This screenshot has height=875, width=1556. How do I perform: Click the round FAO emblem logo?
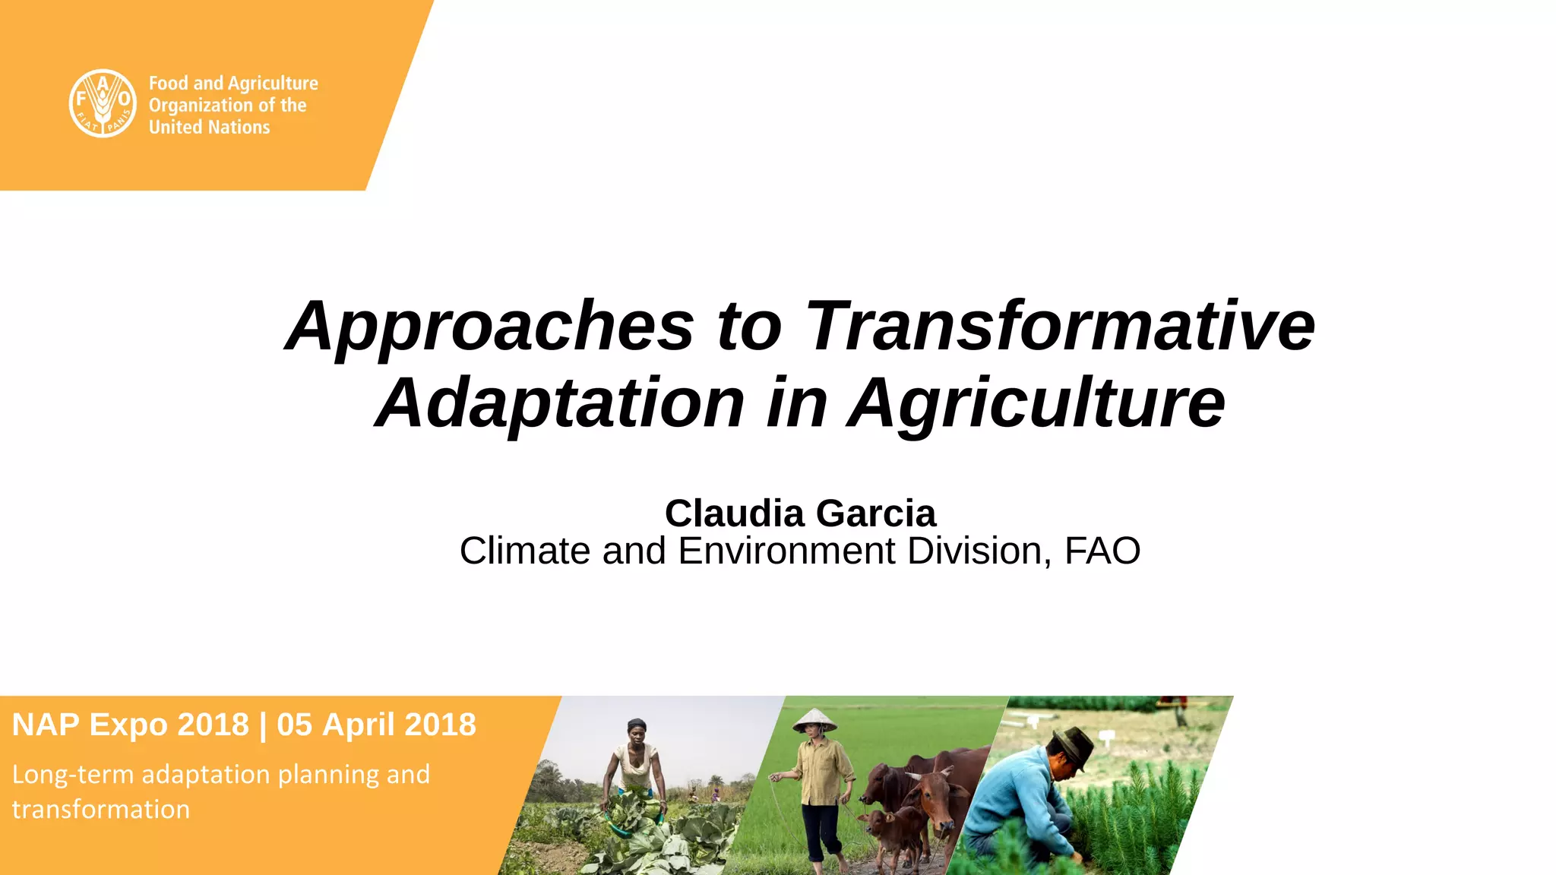(103, 103)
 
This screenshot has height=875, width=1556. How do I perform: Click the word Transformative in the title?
(1059, 326)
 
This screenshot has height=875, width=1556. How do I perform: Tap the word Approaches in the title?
(490, 326)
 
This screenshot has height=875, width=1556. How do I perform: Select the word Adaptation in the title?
(560, 403)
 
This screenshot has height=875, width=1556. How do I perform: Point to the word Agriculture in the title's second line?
(1036, 403)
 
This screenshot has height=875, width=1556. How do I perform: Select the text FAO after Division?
(1102, 551)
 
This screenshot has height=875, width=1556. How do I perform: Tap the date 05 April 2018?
(376, 725)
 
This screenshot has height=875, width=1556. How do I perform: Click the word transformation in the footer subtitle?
(100, 810)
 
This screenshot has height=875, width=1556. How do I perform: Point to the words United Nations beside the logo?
(209, 128)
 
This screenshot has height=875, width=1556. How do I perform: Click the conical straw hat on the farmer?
(814, 719)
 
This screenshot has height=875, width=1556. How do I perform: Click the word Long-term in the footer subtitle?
(73, 775)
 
